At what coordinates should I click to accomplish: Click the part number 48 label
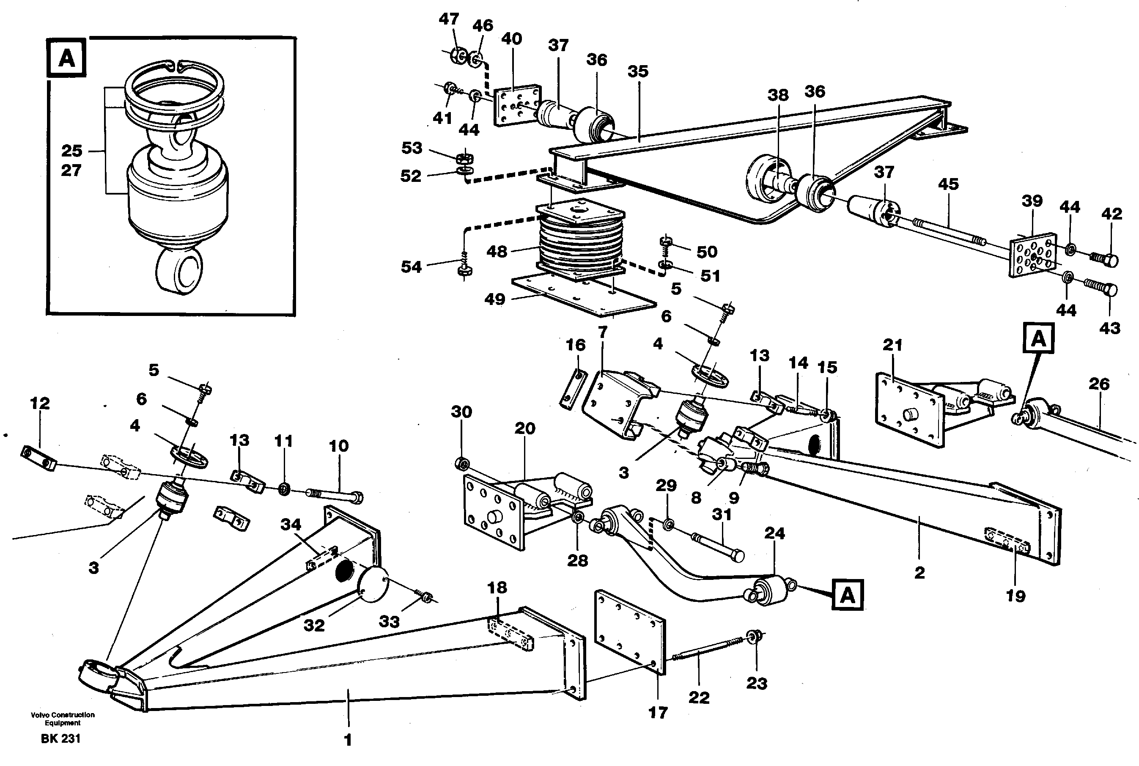[496, 252]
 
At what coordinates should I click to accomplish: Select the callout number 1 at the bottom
[348, 740]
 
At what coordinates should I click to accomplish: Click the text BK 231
[60, 739]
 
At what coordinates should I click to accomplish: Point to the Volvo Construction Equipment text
[63, 719]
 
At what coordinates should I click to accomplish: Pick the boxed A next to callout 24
[848, 596]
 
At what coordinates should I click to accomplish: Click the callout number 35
[637, 71]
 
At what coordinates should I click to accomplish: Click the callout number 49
[494, 299]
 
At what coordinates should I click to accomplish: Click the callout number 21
[892, 346]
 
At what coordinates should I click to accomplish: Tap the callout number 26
[1099, 384]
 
